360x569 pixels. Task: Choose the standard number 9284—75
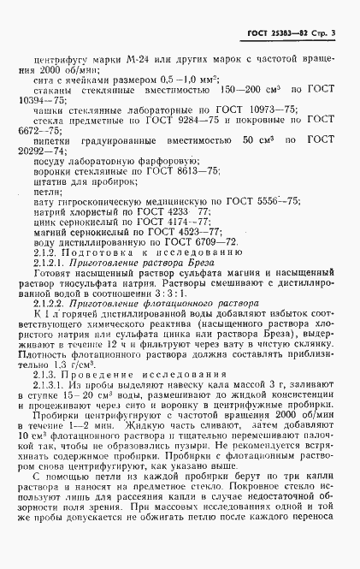click(178, 133)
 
